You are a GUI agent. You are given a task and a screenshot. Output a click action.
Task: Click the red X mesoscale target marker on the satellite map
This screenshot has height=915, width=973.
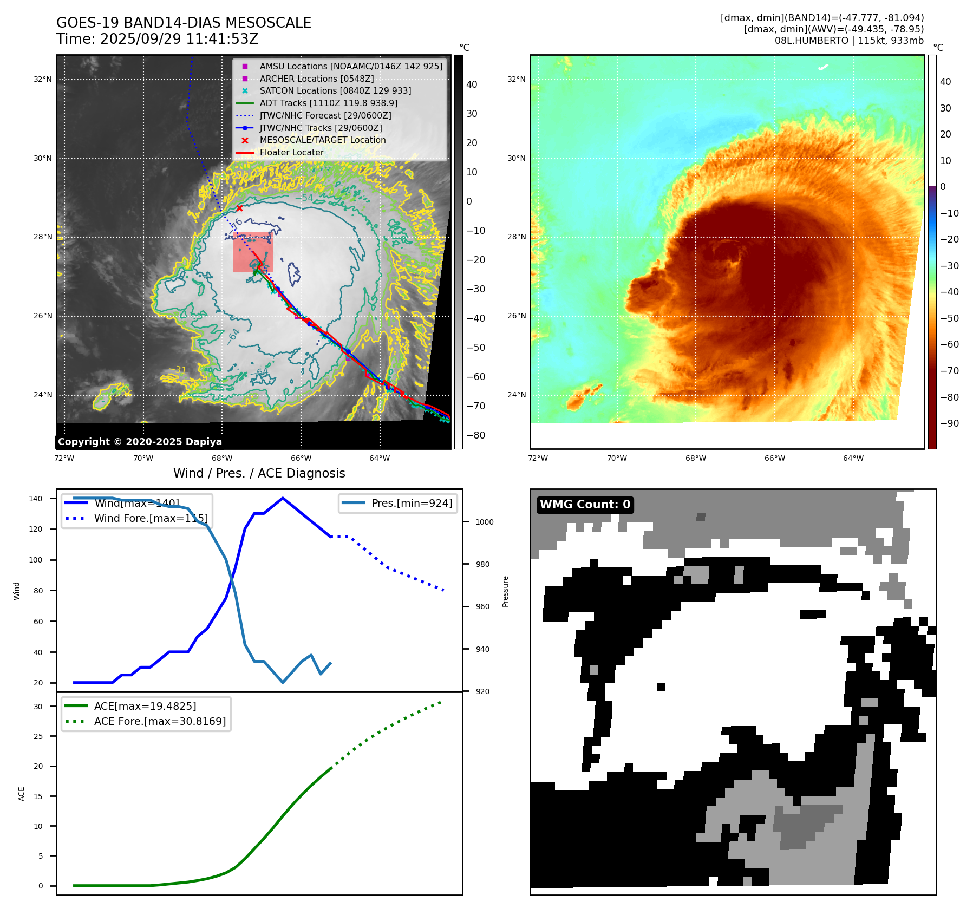pos(239,208)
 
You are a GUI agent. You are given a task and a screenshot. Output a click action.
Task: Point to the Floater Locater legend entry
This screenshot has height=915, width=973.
pos(291,152)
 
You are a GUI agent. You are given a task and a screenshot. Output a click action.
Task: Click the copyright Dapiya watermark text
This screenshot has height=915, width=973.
pos(140,442)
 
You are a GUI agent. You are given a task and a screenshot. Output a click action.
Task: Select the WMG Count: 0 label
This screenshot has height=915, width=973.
pos(585,505)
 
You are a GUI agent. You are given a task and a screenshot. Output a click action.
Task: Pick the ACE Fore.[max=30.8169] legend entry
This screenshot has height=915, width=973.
pos(160,721)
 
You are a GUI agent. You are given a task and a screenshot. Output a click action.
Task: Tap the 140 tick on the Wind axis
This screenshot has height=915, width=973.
pos(35,499)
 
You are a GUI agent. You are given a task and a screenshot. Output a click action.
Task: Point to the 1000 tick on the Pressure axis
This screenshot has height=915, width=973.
pos(484,522)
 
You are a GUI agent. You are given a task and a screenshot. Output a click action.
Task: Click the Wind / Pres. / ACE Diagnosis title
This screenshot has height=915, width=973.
pos(259,473)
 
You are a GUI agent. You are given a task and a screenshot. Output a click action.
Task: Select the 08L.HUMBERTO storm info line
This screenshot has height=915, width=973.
pos(848,41)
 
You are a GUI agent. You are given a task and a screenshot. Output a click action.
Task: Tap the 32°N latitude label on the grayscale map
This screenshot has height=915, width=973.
pos(43,80)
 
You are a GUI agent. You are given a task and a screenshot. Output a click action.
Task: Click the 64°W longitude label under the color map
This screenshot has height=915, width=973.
pos(853,458)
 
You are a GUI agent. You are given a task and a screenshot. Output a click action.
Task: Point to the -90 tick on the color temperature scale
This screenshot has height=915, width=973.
pos(949,423)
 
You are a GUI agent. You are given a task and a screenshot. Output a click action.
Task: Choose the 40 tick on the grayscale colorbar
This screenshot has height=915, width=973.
pos(472,84)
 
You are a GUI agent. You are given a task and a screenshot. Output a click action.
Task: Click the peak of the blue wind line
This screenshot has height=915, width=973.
pos(283,498)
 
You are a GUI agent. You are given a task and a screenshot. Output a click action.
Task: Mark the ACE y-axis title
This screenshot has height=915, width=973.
pos(22,794)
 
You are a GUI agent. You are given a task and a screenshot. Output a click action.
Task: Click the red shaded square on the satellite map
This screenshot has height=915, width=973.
pos(252,252)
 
